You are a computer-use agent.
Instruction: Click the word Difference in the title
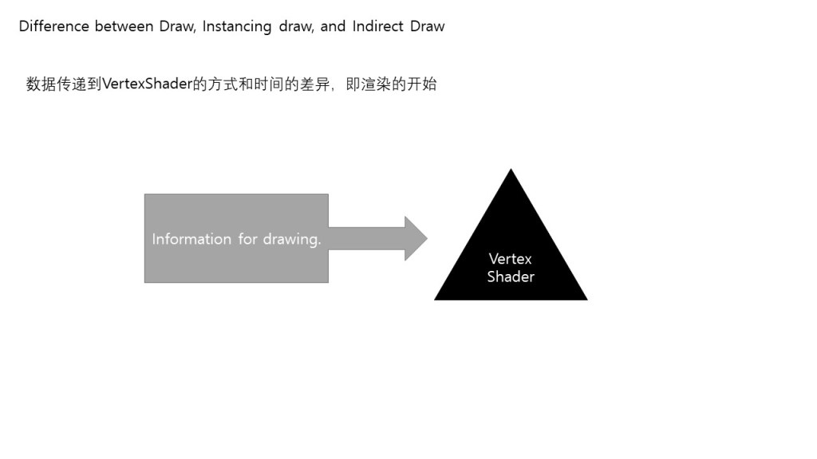[x=53, y=26]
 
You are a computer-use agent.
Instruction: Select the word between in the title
[x=124, y=26]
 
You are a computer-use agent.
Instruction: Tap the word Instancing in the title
[x=237, y=26]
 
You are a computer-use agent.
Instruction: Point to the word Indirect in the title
[x=379, y=26]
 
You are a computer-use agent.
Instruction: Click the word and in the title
[x=333, y=26]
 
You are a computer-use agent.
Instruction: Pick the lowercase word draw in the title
[x=296, y=26]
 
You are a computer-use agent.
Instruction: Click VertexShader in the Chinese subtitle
[x=148, y=84]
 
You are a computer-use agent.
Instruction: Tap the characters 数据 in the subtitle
[x=41, y=84]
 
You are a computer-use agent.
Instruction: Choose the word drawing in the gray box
[x=291, y=239]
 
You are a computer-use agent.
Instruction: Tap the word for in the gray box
[x=246, y=239]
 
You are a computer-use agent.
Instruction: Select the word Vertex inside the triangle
[x=511, y=259]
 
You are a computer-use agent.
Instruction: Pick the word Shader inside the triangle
[x=511, y=277]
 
